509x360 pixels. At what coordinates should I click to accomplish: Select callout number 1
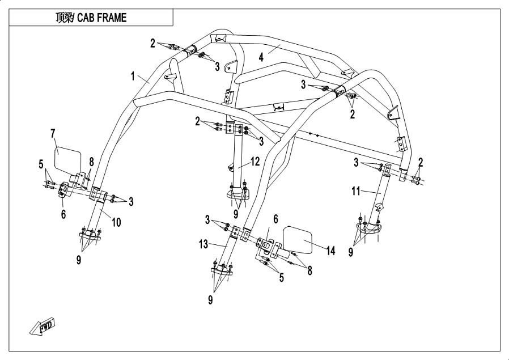coord(133,75)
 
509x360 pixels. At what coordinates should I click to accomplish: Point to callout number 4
coord(261,57)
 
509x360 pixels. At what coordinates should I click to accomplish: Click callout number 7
coord(52,134)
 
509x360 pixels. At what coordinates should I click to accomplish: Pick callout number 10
coord(116,223)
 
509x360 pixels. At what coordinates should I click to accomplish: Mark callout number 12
coord(256,162)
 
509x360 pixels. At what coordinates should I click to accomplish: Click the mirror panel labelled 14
coord(298,239)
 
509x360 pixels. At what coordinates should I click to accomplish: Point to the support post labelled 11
coord(381,196)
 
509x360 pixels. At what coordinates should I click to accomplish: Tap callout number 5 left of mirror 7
coord(41,165)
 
